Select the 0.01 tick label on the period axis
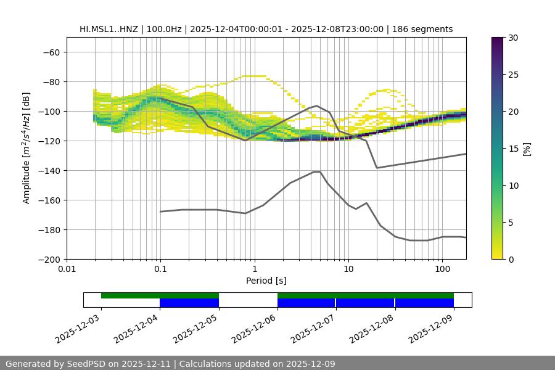pyautogui.click(x=67, y=269)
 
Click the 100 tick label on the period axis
pyautogui.click(x=442, y=269)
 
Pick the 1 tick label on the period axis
pyautogui.click(x=255, y=269)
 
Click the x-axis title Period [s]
pyautogui.click(x=266, y=281)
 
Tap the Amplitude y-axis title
pyautogui.click(x=27, y=148)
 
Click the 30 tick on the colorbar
pyautogui.click(x=513, y=38)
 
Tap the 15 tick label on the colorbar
pyautogui.click(x=513, y=149)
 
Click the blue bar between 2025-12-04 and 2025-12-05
pyautogui.click(x=189, y=303)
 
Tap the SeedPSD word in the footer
pyautogui.click(x=102, y=364)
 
